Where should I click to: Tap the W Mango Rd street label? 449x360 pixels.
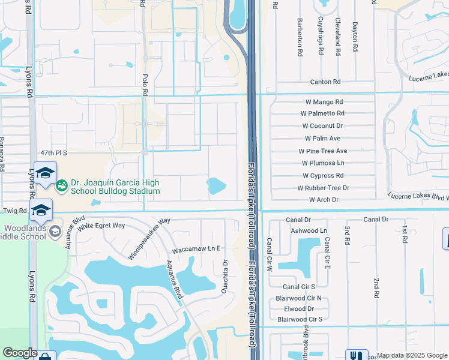(322, 102)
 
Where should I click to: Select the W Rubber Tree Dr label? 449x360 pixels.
(323, 188)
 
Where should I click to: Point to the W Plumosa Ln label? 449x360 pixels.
(323, 163)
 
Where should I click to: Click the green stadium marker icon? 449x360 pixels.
(61, 187)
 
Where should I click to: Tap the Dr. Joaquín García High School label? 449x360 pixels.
(115, 187)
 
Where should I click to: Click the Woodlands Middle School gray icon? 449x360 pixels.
(55, 231)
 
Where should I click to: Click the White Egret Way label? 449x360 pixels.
(101, 226)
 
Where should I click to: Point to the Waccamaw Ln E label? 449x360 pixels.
(197, 248)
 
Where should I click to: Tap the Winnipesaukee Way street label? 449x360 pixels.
(149, 239)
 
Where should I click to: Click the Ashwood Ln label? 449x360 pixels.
(308, 230)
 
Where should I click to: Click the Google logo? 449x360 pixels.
(20, 353)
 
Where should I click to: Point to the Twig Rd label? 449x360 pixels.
(14, 211)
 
